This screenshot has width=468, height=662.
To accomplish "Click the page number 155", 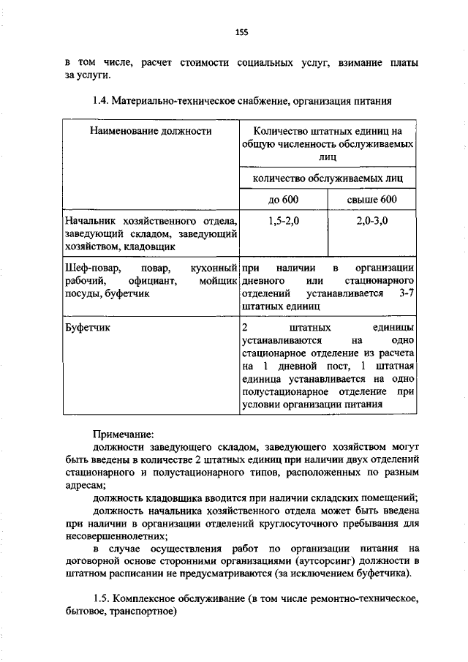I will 242,31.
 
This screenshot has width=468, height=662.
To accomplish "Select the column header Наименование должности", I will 151,132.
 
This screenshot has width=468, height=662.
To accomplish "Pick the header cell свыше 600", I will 371,200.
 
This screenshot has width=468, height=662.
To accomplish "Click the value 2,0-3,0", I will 371,221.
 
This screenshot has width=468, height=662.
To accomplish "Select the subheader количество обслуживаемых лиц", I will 327,178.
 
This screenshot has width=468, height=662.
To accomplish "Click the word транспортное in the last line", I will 143,613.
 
